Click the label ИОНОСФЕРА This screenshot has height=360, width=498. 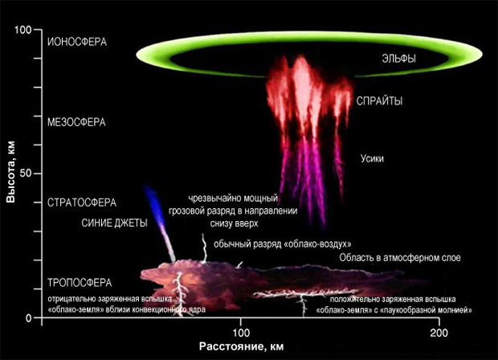point(77,41)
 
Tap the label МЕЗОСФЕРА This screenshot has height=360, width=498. point(77,122)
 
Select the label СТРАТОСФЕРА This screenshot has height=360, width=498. point(82,202)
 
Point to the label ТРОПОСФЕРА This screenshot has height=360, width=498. point(79,283)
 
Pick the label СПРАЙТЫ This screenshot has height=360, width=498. point(380,101)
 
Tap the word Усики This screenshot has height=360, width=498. point(373,158)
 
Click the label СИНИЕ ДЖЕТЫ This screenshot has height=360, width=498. point(115,223)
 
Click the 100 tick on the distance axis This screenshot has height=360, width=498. point(240,332)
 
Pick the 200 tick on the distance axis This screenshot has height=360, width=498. point(439,332)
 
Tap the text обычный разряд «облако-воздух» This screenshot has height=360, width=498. point(282,243)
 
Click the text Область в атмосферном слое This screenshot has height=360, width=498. point(389,258)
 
